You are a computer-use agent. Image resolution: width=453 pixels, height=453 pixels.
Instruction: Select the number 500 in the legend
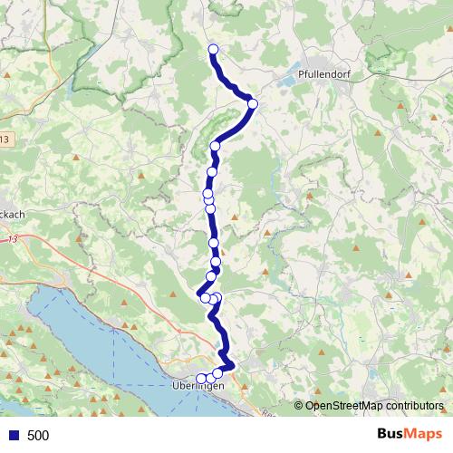click(x=38, y=436)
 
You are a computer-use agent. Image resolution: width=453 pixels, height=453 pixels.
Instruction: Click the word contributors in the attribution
click(x=416, y=407)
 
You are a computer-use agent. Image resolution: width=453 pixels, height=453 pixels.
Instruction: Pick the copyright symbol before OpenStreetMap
click(x=299, y=407)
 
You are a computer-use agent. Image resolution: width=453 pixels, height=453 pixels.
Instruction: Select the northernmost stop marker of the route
click(x=214, y=50)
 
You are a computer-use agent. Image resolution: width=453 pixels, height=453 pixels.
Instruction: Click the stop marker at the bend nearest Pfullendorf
click(x=253, y=104)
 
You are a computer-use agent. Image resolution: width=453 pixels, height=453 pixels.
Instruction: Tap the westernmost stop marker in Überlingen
click(x=201, y=378)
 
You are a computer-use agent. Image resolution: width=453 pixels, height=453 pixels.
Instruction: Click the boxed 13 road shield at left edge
click(x=5, y=139)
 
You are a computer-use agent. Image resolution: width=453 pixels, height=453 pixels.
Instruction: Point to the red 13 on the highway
click(x=37, y=239)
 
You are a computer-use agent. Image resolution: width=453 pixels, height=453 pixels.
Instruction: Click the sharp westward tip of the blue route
click(x=198, y=292)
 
